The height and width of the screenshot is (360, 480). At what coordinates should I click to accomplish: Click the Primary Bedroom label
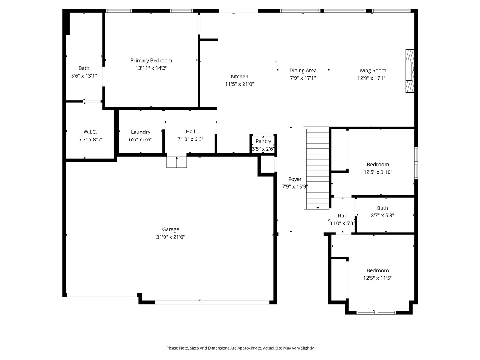click(151, 60)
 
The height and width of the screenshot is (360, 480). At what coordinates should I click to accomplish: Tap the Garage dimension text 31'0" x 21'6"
click(171, 237)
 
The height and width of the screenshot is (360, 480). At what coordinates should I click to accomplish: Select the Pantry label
click(263, 141)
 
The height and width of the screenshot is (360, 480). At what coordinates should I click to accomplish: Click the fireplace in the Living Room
click(410, 70)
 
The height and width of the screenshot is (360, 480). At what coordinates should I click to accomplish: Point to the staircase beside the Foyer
click(317, 168)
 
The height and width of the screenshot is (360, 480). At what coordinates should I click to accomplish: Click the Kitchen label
click(240, 76)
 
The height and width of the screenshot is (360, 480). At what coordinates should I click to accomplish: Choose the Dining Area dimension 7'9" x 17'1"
click(303, 78)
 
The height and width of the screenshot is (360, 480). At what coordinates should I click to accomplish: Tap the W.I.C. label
click(90, 132)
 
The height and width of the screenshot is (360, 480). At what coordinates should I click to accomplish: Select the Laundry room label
click(141, 132)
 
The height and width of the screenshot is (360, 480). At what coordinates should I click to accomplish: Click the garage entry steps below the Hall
click(177, 162)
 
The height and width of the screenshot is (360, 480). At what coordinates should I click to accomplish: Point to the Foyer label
click(295, 179)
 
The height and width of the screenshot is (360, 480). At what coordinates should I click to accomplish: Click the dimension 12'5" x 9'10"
click(378, 172)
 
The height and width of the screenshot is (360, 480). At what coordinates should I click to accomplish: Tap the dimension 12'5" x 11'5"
click(378, 278)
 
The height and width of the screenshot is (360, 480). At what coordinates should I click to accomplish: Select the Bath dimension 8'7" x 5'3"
click(382, 216)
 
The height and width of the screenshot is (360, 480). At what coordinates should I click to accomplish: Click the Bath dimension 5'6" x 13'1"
click(84, 76)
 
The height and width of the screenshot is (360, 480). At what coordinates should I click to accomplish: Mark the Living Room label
click(372, 70)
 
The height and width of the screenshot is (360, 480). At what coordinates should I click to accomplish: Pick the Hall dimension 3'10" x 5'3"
click(342, 223)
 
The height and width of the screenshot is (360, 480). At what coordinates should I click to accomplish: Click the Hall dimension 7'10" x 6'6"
click(190, 139)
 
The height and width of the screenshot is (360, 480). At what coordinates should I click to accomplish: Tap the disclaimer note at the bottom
click(240, 348)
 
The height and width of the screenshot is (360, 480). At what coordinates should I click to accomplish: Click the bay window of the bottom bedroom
click(376, 312)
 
